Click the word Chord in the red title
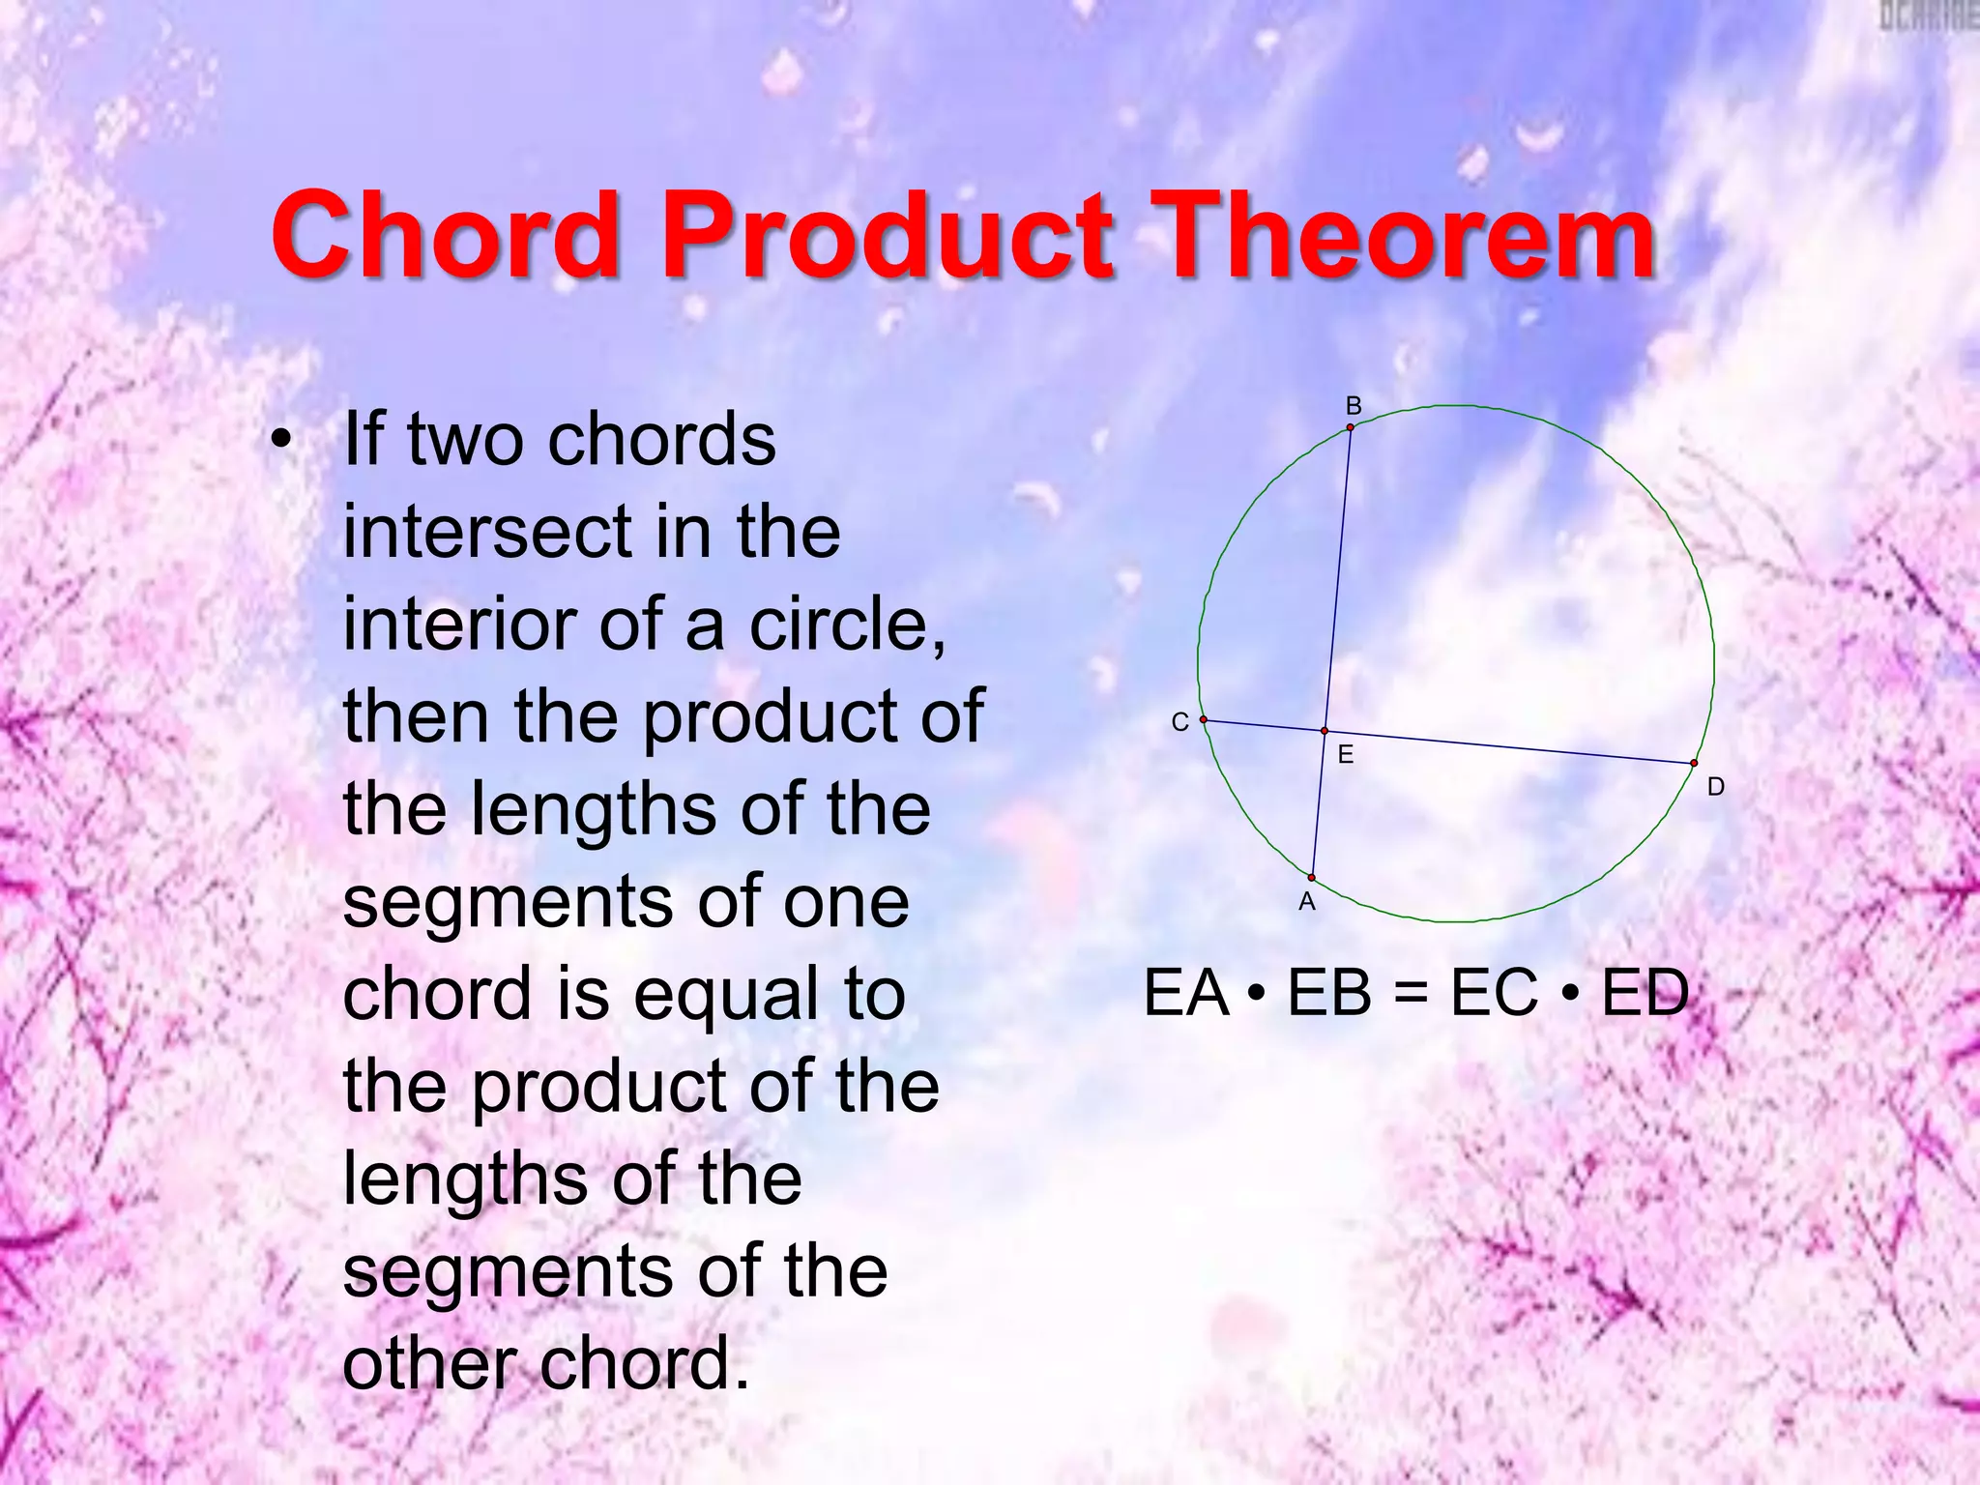coord(445,234)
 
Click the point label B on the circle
coord(1354,406)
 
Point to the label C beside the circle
coord(1179,722)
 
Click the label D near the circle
coord(1715,787)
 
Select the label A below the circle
coord(1307,902)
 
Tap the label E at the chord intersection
coord(1345,755)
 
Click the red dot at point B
coord(1351,427)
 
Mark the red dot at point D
coord(1694,764)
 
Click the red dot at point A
coord(1312,878)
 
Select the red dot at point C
coord(1204,720)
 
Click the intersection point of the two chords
coord(1325,732)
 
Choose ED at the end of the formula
coord(1645,993)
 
